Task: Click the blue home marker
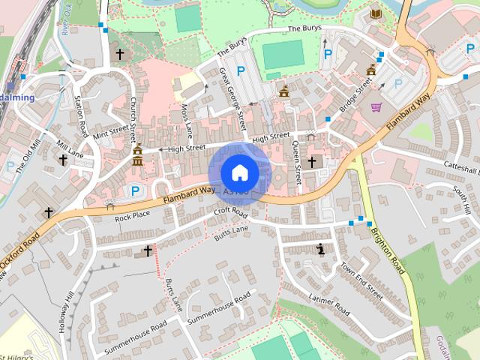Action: [239, 172]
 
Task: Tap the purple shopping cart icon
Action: [376, 107]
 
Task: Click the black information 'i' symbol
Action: [322, 249]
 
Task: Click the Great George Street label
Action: [232, 97]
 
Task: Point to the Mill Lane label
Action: [71, 148]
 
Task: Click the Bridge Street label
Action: [355, 94]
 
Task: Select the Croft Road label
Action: [230, 213]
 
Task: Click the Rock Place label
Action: [132, 215]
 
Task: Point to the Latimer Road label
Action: [328, 304]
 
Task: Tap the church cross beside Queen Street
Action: [312, 161]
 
